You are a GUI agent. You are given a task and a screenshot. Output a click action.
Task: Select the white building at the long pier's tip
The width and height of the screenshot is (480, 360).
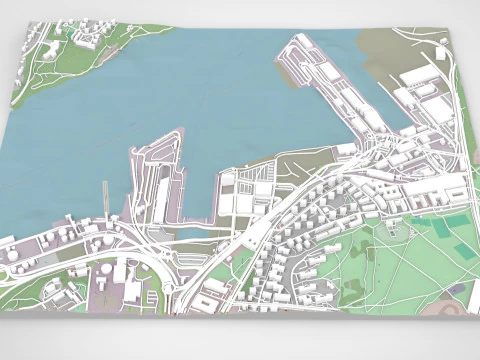tap(301, 43)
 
